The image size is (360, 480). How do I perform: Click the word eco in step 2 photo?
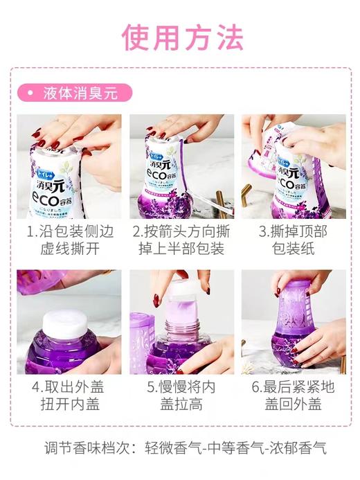click(x=169, y=172)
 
